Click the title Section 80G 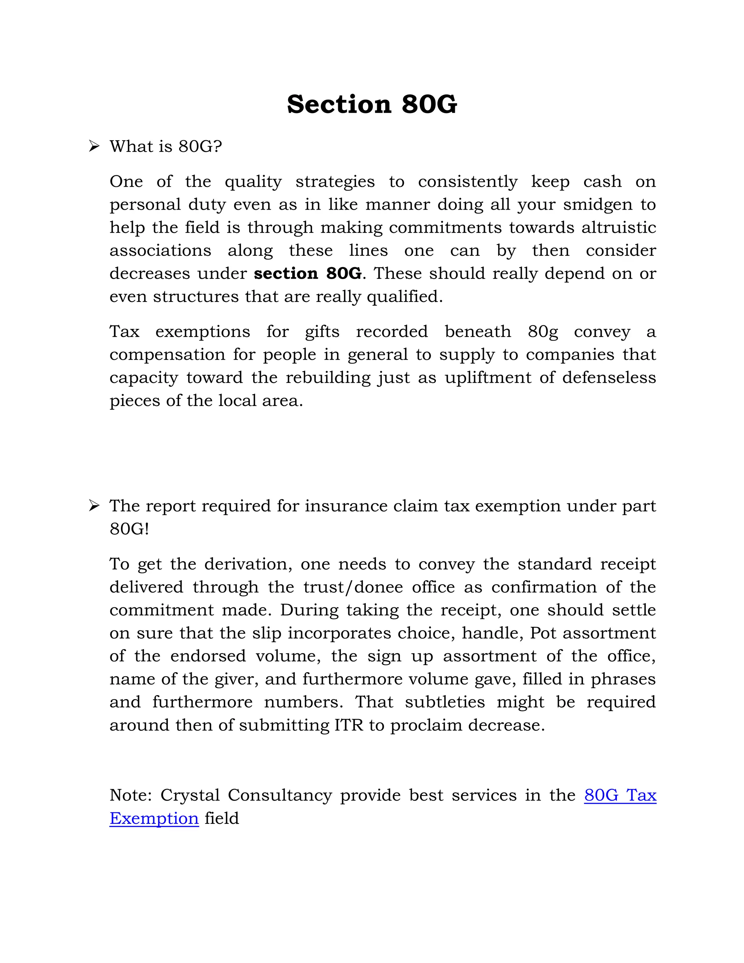tap(372, 105)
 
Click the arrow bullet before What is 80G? tap(94, 146)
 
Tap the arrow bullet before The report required tap(94, 505)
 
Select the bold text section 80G tap(308, 273)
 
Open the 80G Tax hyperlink tap(620, 795)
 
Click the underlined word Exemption tap(154, 818)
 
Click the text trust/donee tap(353, 587)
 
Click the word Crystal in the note tap(190, 795)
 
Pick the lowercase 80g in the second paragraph tap(543, 331)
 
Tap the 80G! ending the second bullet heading tap(129, 529)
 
